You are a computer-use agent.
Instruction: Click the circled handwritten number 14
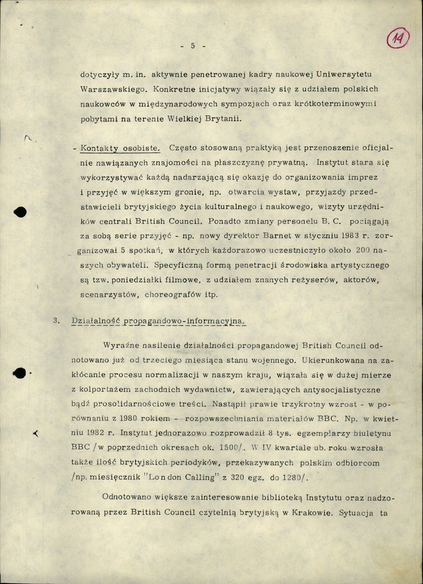click(x=397, y=39)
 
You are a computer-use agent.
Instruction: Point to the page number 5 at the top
click(x=193, y=46)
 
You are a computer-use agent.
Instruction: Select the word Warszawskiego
click(x=108, y=90)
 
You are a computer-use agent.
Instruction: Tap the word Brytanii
click(x=222, y=119)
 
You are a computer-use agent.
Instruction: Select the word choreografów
click(x=173, y=295)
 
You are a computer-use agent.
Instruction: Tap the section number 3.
click(x=56, y=321)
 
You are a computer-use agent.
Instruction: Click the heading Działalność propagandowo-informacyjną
click(x=158, y=321)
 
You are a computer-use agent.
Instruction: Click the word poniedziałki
click(x=141, y=280)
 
